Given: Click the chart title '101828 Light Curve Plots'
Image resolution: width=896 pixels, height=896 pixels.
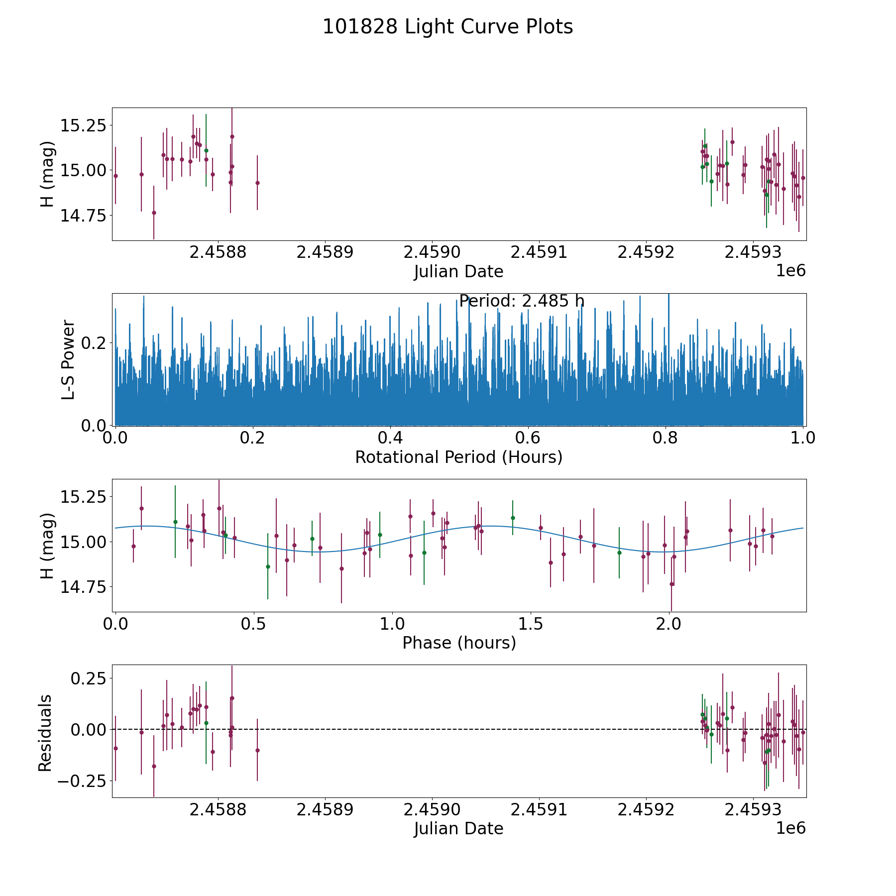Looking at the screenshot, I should tap(448, 27).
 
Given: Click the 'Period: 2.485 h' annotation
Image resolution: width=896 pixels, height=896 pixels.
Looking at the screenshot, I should tap(521, 301).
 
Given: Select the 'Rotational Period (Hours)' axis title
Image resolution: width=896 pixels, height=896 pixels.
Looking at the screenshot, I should tap(458, 457).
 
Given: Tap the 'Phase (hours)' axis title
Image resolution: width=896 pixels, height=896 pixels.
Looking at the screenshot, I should tap(459, 643).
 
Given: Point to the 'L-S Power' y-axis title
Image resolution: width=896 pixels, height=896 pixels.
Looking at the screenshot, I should tap(68, 359).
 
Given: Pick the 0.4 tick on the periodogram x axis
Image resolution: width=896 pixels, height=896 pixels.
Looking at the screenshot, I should tap(390, 438).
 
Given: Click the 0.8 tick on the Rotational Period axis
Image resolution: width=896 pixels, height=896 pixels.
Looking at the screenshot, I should tap(666, 438).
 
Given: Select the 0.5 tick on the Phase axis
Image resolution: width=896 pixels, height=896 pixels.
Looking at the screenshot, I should tap(254, 624).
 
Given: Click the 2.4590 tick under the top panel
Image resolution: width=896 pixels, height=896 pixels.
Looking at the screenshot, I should tap(432, 252).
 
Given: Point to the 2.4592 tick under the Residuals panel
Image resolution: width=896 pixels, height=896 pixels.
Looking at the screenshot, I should tap(646, 810).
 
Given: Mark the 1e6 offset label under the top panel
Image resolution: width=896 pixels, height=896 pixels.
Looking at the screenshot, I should tap(790, 271).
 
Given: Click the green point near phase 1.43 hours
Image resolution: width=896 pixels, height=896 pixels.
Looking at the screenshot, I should tap(513, 518).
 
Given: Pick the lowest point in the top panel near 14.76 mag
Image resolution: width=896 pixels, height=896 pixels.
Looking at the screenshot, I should tap(154, 213).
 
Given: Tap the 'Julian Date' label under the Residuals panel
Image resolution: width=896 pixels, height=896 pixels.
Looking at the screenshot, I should tap(458, 828).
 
